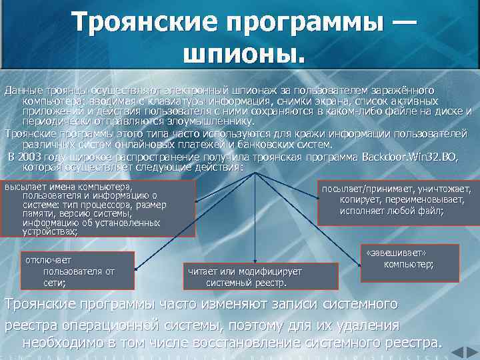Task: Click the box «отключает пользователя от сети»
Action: tap(78, 271)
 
